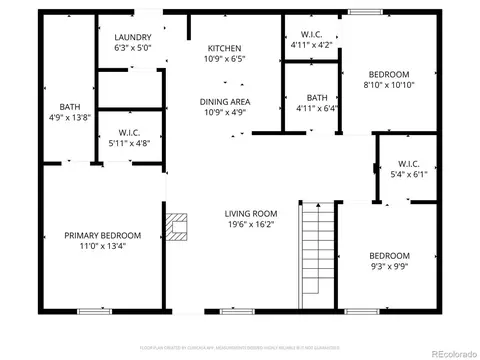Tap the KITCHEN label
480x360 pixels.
tap(225, 48)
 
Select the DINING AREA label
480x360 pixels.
tap(225, 101)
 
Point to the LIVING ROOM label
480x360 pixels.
tap(250, 213)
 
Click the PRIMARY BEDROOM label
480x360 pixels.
tap(103, 235)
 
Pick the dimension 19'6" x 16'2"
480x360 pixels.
tap(250, 226)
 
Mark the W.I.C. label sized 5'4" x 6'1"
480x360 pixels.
tap(408, 163)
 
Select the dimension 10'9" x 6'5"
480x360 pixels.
tap(225, 59)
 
